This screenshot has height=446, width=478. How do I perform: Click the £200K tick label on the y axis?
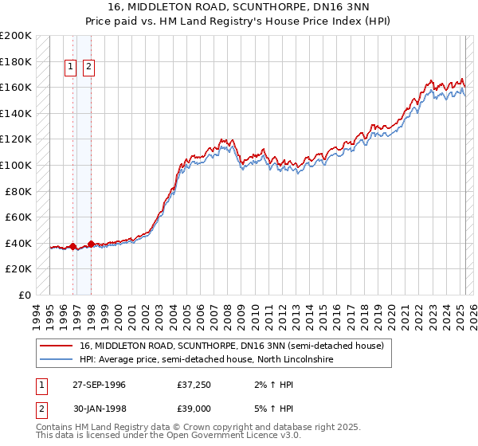pyautogui.click(x=15, y=36)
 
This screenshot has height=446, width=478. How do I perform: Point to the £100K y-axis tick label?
pyautogui.click(x=15, y=165)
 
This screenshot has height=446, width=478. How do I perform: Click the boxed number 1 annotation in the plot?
pyautogui.click(x=71, y=68)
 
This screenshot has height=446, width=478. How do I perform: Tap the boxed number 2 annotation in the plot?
pyautogui.click(x=88, y=68)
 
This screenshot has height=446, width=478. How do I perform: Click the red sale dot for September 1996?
pyautogui.click(x=73, y=247)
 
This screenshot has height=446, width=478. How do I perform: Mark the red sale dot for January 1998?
pyautogui.click(x=92, y=245)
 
